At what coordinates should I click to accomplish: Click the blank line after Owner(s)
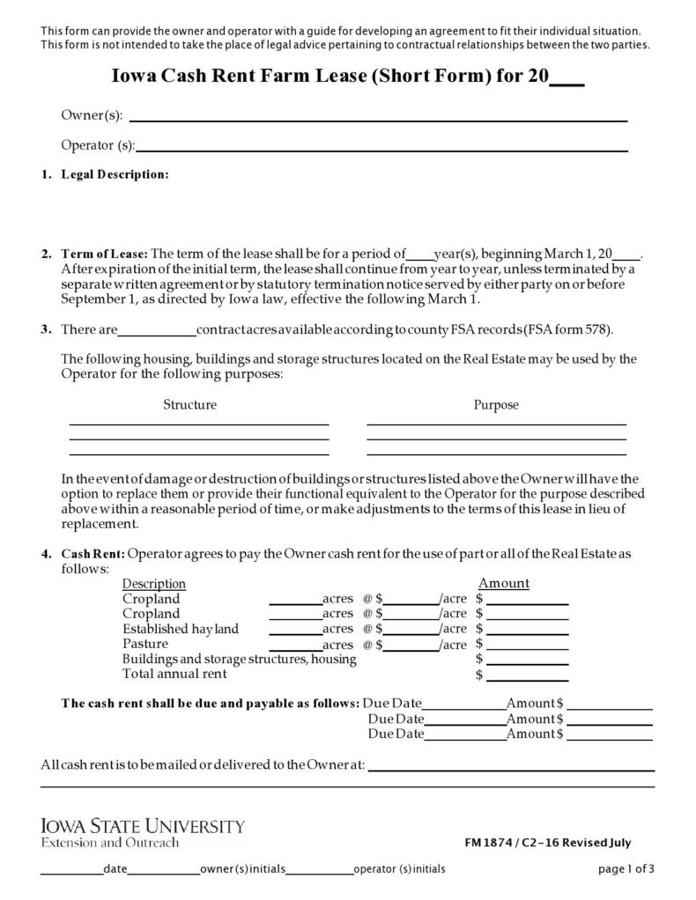coord(378,118)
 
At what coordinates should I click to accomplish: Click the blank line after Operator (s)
coord(381,148)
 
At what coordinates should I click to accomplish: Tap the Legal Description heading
coord(115,174)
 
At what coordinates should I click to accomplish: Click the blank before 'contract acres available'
coord(157,332)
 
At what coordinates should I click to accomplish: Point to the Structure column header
coord(189,405)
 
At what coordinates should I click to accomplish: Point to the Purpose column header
coord(496,405)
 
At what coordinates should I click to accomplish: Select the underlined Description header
coord(153,584)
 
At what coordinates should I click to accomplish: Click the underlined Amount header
coord(503,584)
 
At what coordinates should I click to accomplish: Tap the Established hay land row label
coord(180,629)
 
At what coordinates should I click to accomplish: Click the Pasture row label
coord(145,644)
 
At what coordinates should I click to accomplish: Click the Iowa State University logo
coord(143,833)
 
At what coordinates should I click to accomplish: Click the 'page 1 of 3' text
coord(626,869)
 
